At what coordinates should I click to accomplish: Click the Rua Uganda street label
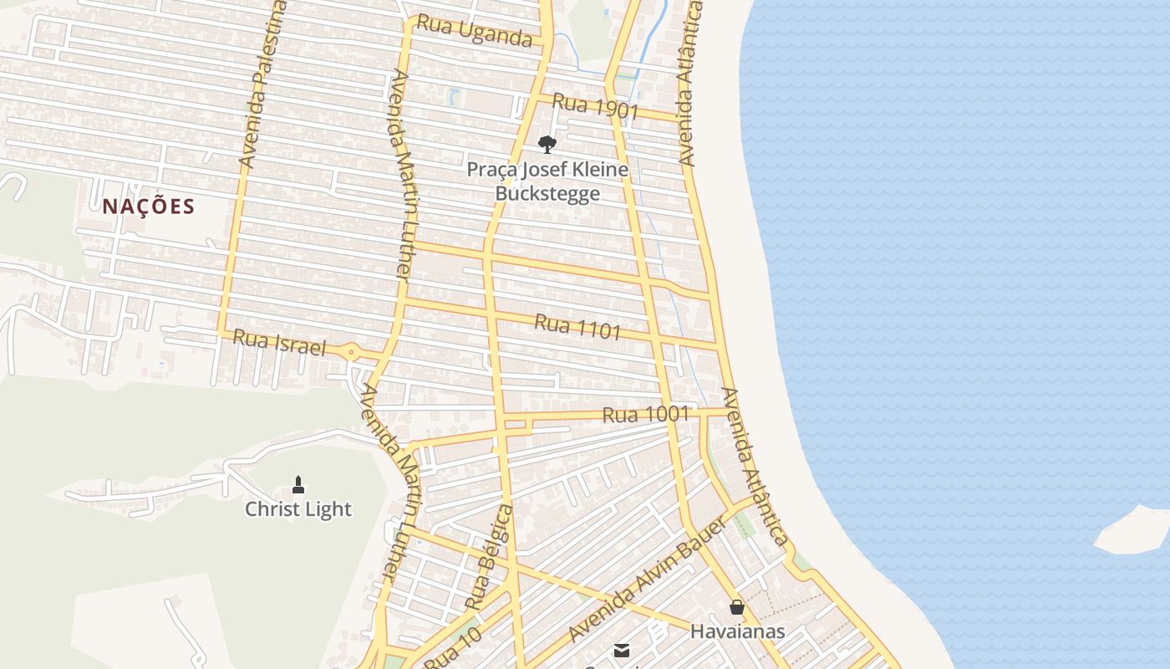pos(474,31)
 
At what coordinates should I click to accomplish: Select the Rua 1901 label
pos(595,106)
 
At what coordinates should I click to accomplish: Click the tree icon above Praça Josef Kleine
pos(547,145)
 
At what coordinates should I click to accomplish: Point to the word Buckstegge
pos(547,194)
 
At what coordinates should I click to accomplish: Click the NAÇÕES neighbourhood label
pos(149,207)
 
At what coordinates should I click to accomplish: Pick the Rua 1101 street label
pos(577,326)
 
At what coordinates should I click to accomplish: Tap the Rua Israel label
pos(278,342)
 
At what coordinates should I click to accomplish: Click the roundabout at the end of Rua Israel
pos(351,352)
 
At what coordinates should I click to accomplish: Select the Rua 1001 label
pos(645,414)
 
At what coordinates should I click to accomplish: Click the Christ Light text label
pos(298,509)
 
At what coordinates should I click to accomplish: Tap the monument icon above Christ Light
pos(298,484)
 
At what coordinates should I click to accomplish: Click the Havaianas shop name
pos(737,631)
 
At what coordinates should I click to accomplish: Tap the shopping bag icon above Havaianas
pos(737,607)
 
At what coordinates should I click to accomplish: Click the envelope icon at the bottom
pos(621,651)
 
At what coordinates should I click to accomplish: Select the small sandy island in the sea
pos(1133,532)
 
